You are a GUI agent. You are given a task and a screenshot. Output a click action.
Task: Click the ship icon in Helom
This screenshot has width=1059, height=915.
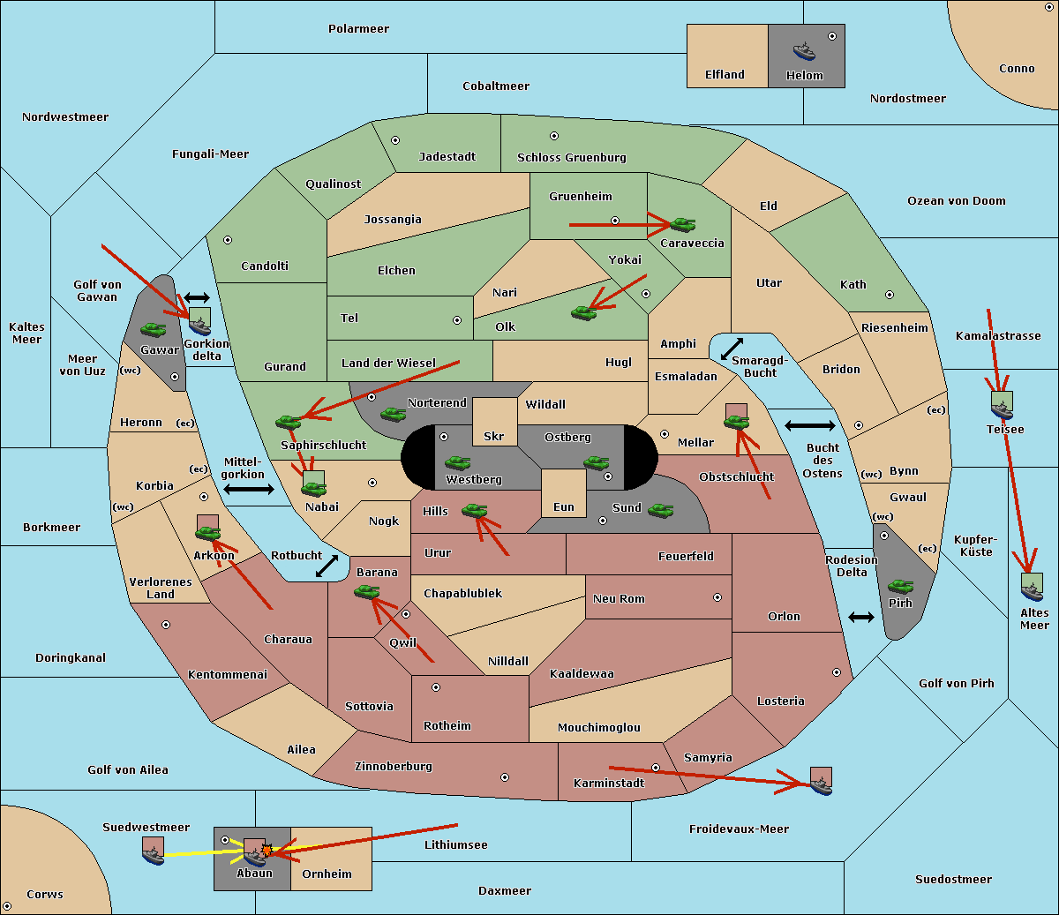[804, 51]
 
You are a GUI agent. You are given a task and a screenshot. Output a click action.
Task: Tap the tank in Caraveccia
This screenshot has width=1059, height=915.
[683, 224]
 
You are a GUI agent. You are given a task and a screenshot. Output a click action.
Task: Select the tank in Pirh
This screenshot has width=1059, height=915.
[900, 586]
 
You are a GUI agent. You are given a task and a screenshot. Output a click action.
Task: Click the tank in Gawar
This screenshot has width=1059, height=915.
[154, 330]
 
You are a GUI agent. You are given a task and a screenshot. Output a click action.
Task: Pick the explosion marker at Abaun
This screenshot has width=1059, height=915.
[267, 850]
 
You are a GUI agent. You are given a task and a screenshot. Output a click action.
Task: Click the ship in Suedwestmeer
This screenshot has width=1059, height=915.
[154, 855]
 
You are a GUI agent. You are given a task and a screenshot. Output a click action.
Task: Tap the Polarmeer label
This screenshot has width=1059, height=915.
[358, 29]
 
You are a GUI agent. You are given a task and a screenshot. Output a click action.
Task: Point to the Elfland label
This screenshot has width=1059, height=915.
[725, 75]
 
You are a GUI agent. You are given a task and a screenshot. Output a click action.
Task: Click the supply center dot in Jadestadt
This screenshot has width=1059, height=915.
[395, 140]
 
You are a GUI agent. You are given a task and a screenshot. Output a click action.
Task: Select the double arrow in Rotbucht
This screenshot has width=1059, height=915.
[327, 566]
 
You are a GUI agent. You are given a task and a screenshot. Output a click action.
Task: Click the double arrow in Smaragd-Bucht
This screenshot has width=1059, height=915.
[732, 349]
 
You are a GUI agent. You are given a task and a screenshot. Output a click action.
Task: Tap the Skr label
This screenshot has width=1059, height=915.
[494, 436]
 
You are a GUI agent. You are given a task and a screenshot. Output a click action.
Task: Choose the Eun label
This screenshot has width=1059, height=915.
[564, 507]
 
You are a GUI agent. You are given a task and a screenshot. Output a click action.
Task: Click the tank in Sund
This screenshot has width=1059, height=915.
[660, 511]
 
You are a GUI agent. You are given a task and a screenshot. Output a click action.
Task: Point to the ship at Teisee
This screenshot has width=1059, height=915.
[1003, 409]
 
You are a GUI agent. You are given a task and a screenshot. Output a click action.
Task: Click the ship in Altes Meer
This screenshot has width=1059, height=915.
[1032, 590]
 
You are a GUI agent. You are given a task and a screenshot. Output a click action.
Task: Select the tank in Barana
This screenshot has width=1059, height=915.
[367, 592]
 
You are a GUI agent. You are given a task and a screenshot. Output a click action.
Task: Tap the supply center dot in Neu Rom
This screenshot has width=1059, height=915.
[717, 597]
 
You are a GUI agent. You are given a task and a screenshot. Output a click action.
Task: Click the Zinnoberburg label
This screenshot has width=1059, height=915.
[394, 767]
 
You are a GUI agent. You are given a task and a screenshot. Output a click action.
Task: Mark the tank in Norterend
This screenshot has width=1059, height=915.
[393, 415]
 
